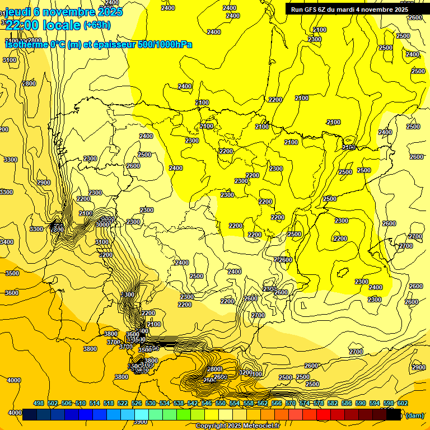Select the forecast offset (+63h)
point(97,25)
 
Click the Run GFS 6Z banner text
point(349,10)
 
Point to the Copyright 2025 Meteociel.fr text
point(237,426)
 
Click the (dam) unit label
point(414,415)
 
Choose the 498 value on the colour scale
point(39,403)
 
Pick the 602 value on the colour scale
point(403,403)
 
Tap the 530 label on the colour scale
point(151,403)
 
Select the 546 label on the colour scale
point(207,403)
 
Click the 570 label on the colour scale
point(291,403)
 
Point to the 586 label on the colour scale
point(347,403)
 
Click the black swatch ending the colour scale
point(394,415)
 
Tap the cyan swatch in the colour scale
point(142,415)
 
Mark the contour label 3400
point(7,242)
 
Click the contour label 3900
point(141,422)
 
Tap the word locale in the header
point(62,25)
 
